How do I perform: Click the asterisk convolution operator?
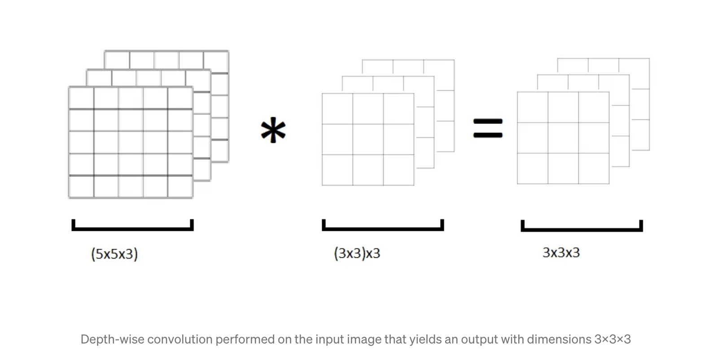[273, 130]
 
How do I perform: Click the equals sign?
[488, 128]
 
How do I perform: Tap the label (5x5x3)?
[114, 254]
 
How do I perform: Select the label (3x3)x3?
[357, 253]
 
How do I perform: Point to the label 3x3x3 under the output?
[561, 252]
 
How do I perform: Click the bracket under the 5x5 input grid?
[132, 228]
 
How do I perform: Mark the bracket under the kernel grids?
[383, 228]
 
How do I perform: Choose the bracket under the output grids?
[581, 229]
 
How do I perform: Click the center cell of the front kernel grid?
[368, 139]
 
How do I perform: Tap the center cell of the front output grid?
[563, 138]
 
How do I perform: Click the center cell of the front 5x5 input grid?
[131, 142]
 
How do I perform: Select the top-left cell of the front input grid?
[81, 98]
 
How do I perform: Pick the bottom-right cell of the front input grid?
[180, 187]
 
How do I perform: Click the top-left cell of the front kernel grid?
[337, 109]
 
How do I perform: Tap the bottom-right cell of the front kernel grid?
[398, 170]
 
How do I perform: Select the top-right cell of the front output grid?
[594, 107]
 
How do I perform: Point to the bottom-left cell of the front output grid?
[533, 168]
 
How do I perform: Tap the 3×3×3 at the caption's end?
[612, 339]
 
